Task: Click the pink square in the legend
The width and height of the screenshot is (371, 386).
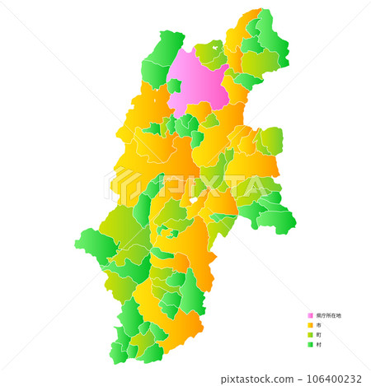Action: pos(310,315)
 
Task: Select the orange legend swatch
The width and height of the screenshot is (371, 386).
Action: pos(310,325)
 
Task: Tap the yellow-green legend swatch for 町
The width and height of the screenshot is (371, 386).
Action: pos(310,335)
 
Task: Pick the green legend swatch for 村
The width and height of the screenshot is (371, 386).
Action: pos(310,345)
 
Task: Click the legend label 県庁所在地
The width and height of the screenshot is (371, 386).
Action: pos(328,315)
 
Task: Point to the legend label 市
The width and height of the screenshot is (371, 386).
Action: pos(318,325)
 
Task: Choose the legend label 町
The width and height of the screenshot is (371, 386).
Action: pos(318,335)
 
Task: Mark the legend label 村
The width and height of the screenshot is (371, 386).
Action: pos(318,345)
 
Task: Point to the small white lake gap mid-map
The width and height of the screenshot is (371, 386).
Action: pos(193,200)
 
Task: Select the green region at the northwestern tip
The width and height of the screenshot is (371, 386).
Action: pos(165,49)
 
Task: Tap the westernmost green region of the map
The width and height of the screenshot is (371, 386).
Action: pos(89,244)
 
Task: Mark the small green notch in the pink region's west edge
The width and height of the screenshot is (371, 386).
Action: pos(175,85)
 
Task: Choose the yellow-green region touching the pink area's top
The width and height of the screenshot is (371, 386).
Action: pos(211,53)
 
